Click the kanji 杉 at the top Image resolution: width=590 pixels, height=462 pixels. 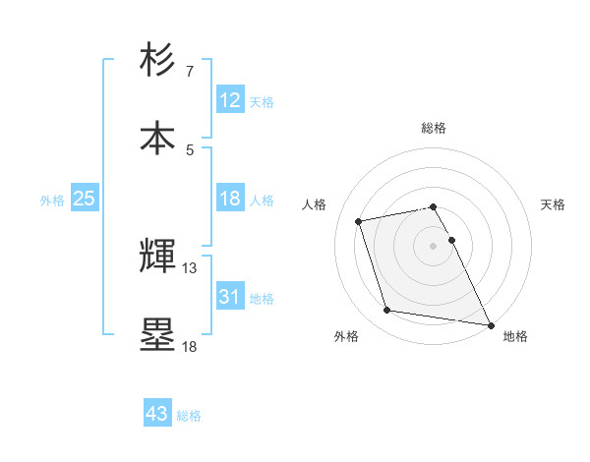(158, 60)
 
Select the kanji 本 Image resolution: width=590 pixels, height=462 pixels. (158, 138)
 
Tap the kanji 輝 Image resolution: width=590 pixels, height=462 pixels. (158, 255)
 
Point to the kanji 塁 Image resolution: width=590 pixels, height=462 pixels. (158, 333)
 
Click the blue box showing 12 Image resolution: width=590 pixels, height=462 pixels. (229, 100)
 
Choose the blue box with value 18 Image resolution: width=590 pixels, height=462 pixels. (229, 199)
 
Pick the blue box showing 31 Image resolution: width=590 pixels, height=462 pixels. (229, 296)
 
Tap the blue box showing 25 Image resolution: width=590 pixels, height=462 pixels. (84, 199)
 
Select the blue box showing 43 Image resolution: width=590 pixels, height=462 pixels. (156, 414)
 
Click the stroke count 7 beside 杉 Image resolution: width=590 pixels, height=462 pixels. (190, 72)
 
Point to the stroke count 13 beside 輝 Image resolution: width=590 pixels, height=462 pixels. (190, 267)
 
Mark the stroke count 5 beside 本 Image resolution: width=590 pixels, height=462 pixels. (190, 149)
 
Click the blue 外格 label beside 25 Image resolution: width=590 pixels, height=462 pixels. (52, 200)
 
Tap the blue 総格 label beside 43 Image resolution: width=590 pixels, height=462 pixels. (189, 415)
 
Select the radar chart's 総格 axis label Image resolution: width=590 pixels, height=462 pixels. (434, 128)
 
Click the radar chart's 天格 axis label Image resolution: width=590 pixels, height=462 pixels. (553, 204)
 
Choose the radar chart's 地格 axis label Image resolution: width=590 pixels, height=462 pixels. (515, 336)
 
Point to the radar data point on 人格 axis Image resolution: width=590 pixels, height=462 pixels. (359, 220)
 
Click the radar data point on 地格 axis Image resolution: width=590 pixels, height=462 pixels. (489, 323)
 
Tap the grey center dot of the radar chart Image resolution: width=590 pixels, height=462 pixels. (434, 245)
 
